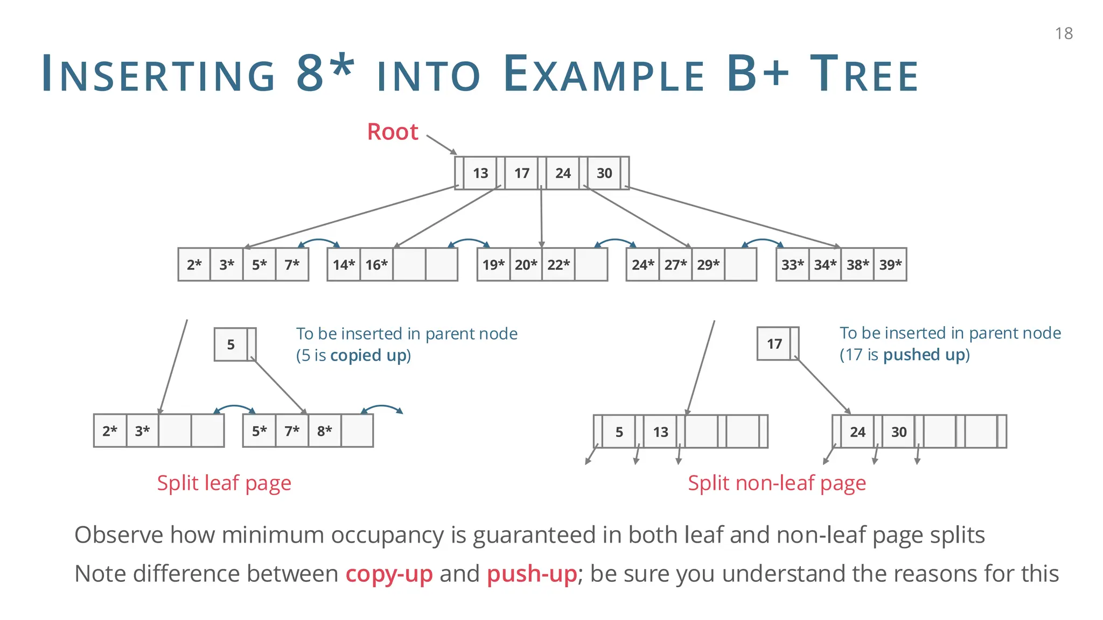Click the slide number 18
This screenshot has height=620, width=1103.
pos(1064,33)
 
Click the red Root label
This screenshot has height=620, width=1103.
pos(392,132)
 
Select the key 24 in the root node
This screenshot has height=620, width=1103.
pos(563,173)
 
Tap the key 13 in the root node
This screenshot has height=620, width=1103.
pos(480,173)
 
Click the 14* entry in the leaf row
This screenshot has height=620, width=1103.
pos(344,265)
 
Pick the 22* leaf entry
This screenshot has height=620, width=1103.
pos(559,265)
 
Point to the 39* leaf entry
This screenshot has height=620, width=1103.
pos(890,265)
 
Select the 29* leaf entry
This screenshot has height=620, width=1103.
pos(708,265)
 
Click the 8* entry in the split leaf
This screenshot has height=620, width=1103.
pos(324,431)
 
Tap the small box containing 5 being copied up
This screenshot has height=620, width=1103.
pos(231,344)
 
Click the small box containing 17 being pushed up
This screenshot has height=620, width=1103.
pos(774,344)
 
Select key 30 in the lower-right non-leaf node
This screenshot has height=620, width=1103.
pos(898,432)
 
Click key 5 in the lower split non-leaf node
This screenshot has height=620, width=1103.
pos(619,432)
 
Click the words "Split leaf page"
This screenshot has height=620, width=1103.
pos(224,483)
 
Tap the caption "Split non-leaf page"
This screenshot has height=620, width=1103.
pos(777,483)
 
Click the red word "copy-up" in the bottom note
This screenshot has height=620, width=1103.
pos(389,574)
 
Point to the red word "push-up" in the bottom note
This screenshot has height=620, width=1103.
pos(532,574)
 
